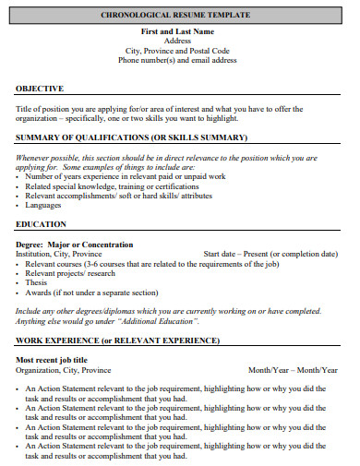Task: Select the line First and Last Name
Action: [177, 31]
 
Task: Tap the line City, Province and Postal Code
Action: [177, 51]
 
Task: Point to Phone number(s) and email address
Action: [177, 60]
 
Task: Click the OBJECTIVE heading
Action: [41, 89]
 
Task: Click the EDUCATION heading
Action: [42, 224]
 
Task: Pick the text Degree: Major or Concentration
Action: [75, 245]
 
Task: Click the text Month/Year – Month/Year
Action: [293, 370]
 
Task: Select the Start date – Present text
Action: [270, 254]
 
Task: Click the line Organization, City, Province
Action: [64, 370]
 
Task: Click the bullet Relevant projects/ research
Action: [70, 274]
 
